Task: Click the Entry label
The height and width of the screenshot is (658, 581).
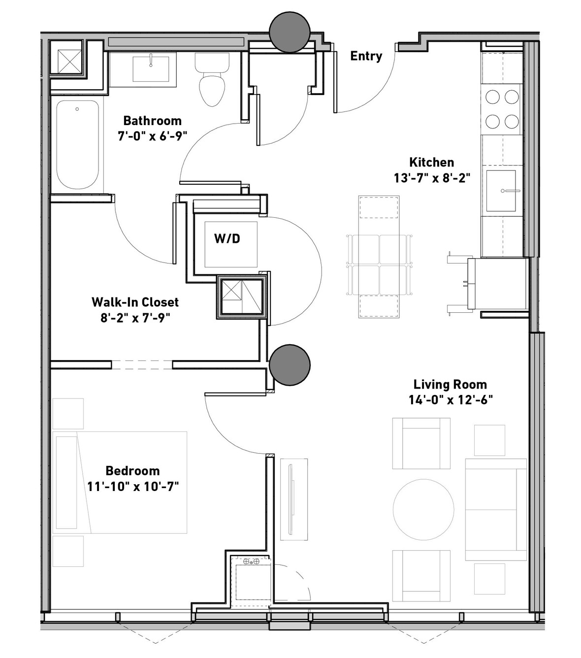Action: [x=366, y=56]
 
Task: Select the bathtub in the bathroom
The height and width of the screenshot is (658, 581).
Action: [x=77, y=144]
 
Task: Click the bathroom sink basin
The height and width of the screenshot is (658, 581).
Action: [x=151, y=69]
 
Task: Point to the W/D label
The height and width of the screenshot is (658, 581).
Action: [x=227, y=239]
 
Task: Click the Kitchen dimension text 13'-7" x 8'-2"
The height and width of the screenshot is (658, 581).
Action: [x=432, y=178]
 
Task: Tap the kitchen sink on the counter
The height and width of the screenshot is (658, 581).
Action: [x=501, y=191]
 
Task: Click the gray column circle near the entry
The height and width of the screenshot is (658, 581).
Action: [x=290, y=32]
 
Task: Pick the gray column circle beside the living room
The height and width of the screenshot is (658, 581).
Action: [x=290, y=365]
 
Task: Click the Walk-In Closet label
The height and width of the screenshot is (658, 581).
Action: [x=135, y=302]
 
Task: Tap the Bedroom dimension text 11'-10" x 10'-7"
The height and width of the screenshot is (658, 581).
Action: [x=133, y=487]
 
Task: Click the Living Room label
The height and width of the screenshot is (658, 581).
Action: [x=450, y=385]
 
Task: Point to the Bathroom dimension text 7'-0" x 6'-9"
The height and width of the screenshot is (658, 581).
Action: [x=152, y=136]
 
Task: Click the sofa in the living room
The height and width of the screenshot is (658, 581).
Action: [x=496, y=510]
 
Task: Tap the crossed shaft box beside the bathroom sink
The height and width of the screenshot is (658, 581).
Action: [x=69, y=62]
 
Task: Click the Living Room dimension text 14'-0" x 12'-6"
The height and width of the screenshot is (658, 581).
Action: [x=451, y=400]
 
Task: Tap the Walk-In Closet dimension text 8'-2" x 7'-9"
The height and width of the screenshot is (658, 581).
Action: [x=135, y=318]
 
